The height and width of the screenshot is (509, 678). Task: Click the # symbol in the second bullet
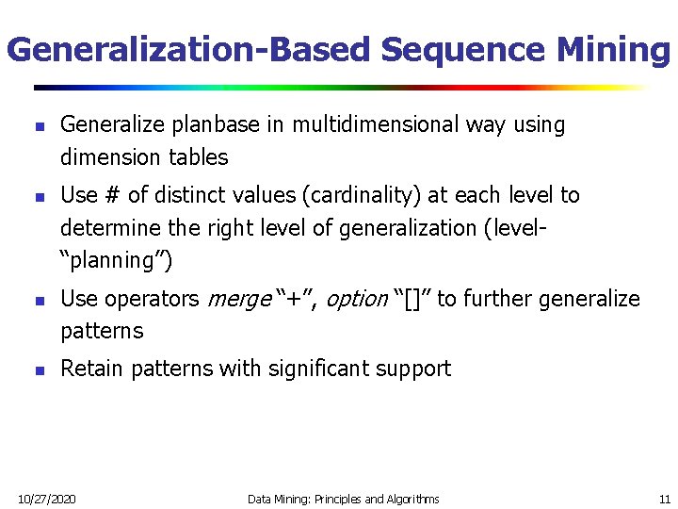(x=112, y=195)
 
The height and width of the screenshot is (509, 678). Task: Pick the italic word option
(x=356, y=300)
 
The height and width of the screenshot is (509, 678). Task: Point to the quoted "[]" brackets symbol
(x=412, y=300)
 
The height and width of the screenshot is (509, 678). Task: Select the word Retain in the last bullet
(x=92, y=369)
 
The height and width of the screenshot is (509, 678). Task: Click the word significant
(x=313, y=369)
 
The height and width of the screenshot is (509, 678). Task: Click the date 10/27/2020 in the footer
(x=48, y=499)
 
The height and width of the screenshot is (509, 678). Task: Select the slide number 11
(x=665, y=499)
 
